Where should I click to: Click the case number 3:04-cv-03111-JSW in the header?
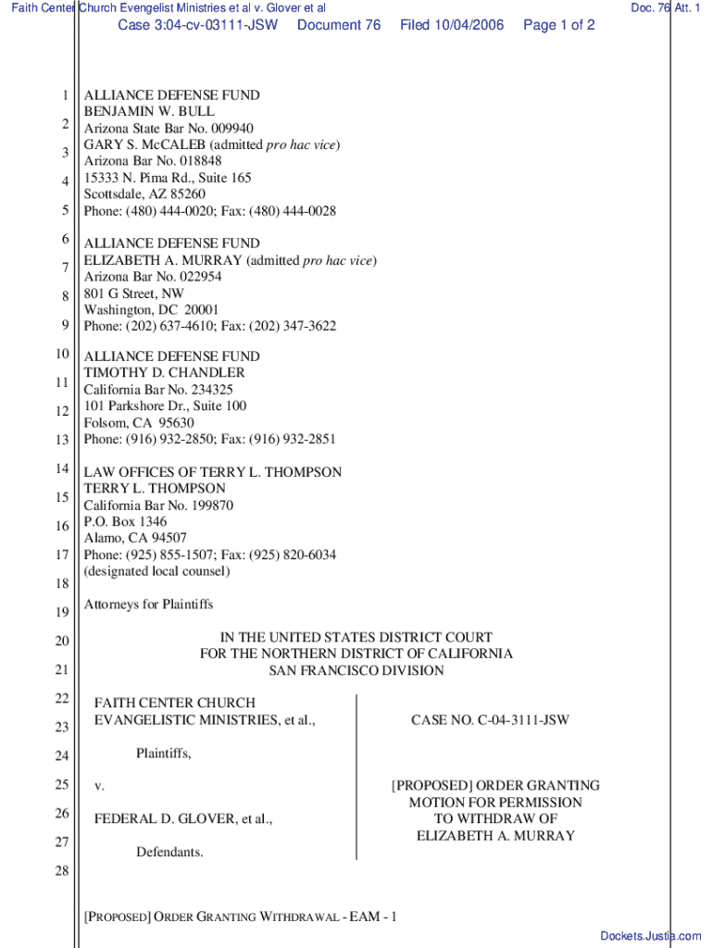coord(197,25)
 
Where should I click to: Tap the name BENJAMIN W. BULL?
coord(149,111)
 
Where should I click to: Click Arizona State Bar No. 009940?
coord(169,128)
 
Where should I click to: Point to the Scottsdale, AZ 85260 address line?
coord(144,194)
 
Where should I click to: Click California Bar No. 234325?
coord(158,390)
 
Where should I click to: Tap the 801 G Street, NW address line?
coord(134,293)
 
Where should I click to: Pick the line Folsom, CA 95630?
coord(139,423)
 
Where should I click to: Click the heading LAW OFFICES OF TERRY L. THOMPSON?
coord(213,472)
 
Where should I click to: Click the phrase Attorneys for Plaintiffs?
coord(149,605)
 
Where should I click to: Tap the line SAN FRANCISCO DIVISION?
coord(356,670)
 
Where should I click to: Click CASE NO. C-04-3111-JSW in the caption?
coord(490,719)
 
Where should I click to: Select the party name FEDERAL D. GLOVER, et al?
coord(183,819)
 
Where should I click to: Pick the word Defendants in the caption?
coord(169,852)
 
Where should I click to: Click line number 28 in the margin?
coord(61,871)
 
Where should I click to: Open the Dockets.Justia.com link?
coord(651,936)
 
